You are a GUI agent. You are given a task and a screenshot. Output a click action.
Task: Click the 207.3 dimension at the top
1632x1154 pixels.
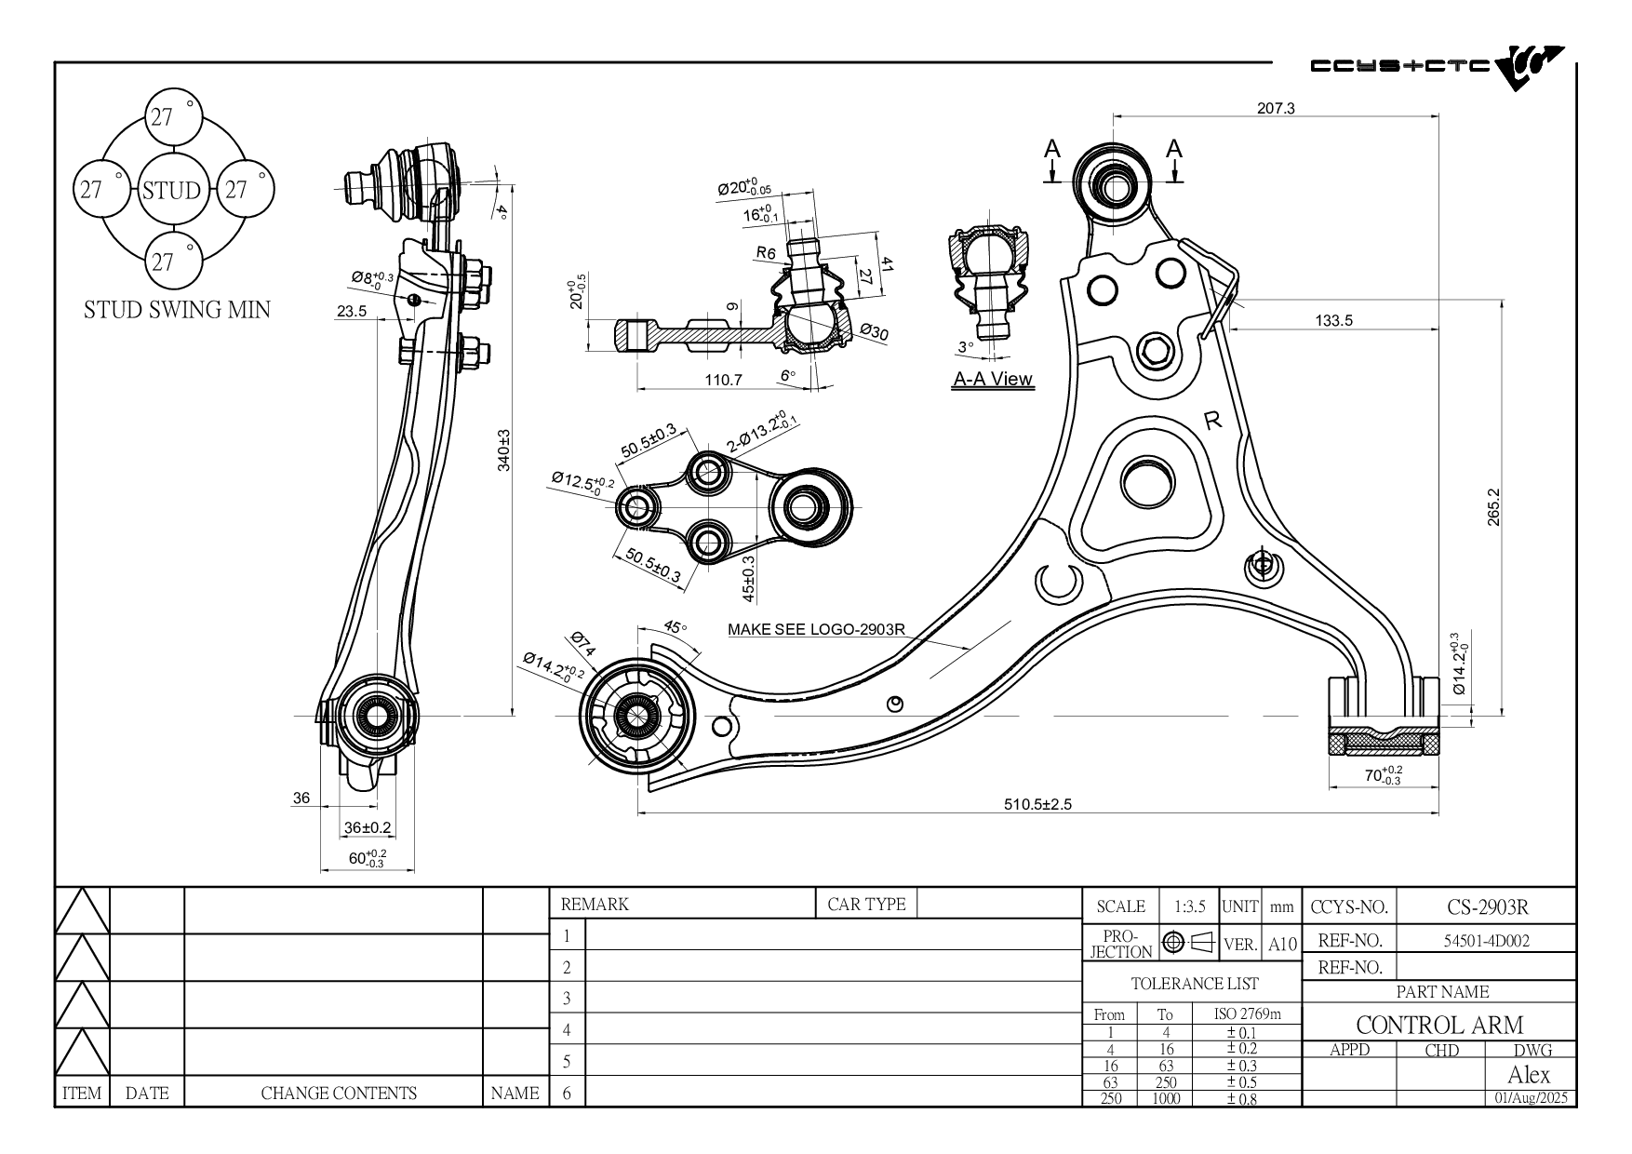pos(1276,108)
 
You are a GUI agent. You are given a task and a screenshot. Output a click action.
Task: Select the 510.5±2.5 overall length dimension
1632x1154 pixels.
pos(1037,804)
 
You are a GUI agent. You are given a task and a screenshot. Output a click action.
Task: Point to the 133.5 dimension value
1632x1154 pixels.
pos(1333,320)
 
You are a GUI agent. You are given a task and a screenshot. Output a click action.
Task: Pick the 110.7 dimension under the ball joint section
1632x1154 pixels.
pos(723,380)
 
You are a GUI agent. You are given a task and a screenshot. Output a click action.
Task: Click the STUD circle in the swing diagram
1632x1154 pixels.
pos(171,191)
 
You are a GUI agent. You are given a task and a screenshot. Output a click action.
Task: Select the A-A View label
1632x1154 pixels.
pos(993,379)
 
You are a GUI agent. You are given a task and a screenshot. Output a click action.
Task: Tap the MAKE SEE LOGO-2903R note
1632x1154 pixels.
pos(816,629)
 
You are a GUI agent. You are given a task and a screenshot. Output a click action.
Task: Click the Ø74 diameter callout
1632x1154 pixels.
pos(582,643)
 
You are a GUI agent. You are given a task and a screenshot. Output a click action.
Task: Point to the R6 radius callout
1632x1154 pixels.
pos(766,252)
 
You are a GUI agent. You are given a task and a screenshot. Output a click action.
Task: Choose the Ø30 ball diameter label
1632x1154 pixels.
pos(874,332)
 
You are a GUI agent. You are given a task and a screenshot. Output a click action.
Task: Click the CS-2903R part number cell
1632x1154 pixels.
pos(1488,906)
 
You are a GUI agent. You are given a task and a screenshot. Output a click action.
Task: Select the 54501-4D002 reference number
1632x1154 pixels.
pos(1486,940)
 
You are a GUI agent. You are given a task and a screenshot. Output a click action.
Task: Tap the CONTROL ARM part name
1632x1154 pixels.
pos(1439,1025)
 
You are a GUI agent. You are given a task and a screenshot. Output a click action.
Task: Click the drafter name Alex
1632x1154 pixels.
pos(1529,1075)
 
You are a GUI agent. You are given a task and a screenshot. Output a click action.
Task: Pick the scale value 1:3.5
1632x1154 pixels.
pos(1189,906)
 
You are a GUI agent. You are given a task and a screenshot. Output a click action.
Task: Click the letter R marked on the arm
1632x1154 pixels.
pos(1212,421)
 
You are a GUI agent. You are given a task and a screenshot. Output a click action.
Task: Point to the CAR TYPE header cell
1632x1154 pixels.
pos(866,904)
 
